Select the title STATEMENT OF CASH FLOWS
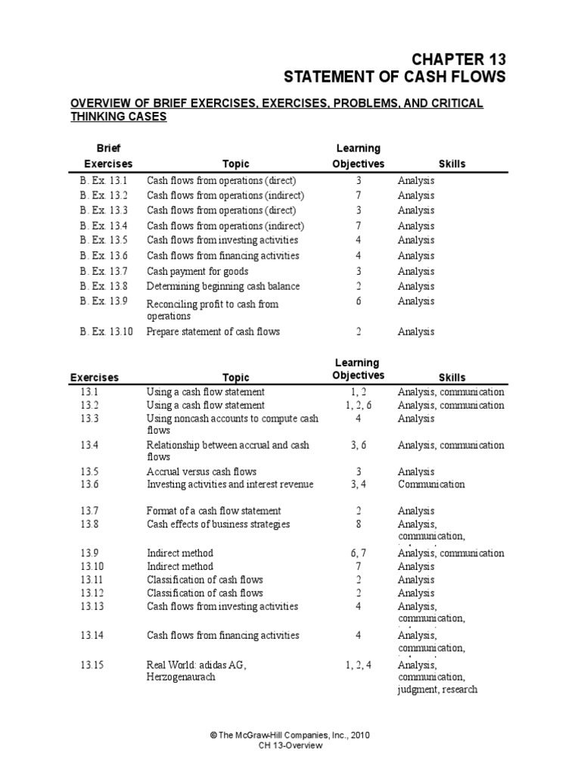coord(394,77)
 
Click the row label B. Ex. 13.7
coord(105,271)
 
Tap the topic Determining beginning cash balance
coord(222,286)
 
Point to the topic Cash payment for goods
coord(197,271)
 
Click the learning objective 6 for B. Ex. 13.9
coord(359,301)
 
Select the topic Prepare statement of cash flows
coord(213,331)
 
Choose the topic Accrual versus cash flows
coord(201,471)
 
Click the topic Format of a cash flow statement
coord(213,511)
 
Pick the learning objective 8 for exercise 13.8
coord(359,524)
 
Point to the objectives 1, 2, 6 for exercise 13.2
coord(359,405)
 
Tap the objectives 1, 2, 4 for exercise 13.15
coord(359,664)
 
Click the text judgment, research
coord(437,689)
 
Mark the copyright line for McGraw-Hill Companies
coord(290,735)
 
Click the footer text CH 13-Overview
coord(290,745)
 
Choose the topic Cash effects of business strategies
coord(218,524)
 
